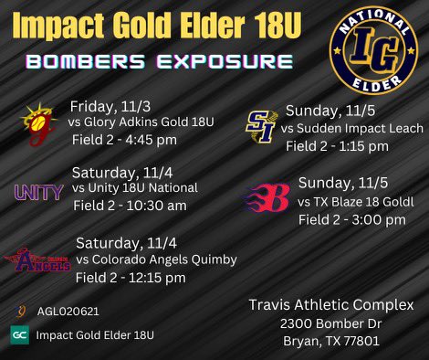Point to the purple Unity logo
click(x=39, y=192)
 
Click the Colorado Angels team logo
click(x=37, y=261)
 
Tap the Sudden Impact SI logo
click(x=262, y=126)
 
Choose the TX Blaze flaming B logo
click(x=267, y=197)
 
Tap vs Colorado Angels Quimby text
click(x=156, y=259)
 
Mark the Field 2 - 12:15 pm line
click(x=131, y=277)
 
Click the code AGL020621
click(x=68, y=311)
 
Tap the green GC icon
click(x=19, y=335)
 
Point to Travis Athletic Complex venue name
click(x=332, y=304)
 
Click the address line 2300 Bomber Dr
click(x=332, y=323)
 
